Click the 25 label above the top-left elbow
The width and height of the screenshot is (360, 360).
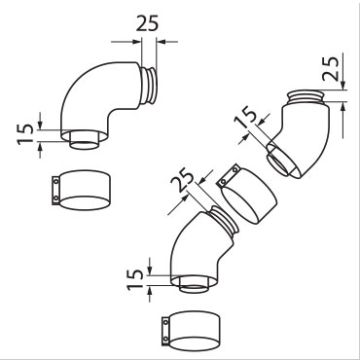[147, 23]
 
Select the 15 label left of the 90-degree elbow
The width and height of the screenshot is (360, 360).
[26, 133]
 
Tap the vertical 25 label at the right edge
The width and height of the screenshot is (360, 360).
[332, 69]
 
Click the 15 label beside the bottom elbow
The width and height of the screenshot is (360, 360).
[135, 279]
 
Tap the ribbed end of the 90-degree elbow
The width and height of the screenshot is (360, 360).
[149, 85]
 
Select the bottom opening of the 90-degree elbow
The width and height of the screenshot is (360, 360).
[84, 141]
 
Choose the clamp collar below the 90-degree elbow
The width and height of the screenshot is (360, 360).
[82, 190]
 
